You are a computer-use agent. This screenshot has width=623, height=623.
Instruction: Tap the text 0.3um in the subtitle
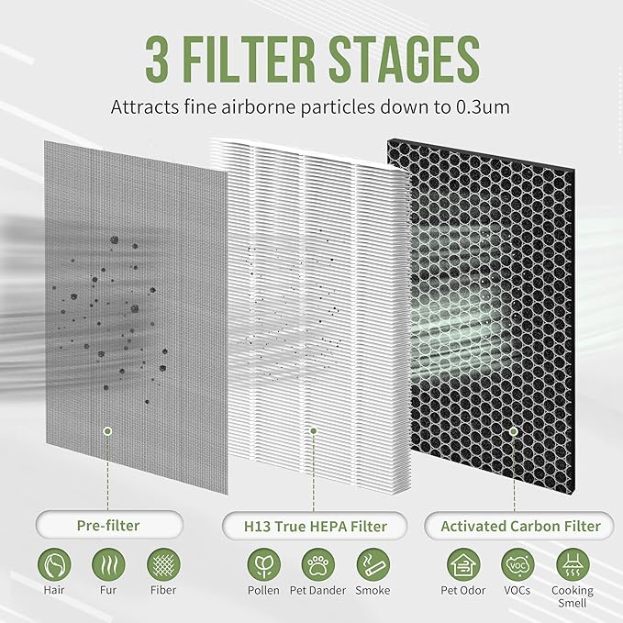point(483,106)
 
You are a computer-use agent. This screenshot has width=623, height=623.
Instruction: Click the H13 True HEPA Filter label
point(314,526)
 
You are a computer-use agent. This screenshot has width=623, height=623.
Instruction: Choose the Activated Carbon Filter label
point(520,526)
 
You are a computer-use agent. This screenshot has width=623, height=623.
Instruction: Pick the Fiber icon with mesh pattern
point(163,563)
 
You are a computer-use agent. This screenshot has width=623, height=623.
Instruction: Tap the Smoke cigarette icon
point(372,563)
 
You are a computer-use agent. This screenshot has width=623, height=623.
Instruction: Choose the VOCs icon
point(516,563)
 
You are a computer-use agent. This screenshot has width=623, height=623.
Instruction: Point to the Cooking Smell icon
point(572,563)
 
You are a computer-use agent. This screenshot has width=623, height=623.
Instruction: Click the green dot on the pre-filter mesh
point(107,429)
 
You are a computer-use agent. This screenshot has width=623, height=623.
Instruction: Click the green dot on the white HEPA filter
point(314,429)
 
